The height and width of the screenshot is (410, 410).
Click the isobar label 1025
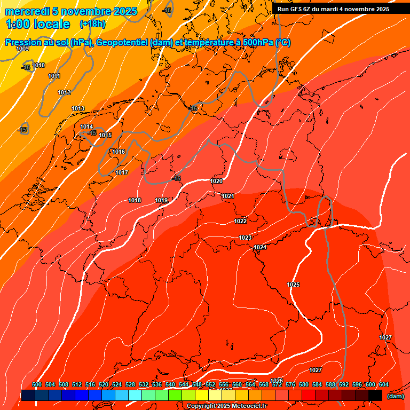pyautogui.click(x=293, y=285)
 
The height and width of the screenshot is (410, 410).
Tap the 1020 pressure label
pyautogui.click(x=216, y=181)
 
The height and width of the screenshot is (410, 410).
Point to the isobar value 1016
pyautogui.click(x=119, y=152)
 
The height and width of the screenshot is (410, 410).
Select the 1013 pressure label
pyautogui.click(x=78, y=109)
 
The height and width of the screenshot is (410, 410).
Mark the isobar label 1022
pyautogui.click(x=240, y=221)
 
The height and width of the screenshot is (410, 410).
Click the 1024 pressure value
pyautogui.click(x=260, y=247)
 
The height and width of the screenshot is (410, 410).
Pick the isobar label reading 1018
pyautogui.click(x=135, y=200)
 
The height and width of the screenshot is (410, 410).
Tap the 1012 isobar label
pyautogui.click(x=64, y=93)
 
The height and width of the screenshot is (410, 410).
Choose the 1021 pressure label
pyautogui.click(x=228, y=196)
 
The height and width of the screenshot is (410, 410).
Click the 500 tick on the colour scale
pyautogui.click(x=37, y=384)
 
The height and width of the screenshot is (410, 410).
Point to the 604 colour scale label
pyautogui.click(x=383, y=384)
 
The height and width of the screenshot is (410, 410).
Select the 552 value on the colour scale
pyautogui.click(x=210, y=384)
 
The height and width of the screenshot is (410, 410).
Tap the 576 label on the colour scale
pyautogui.click(x=290, y=384)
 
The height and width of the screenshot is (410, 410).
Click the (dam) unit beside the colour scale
pyautogui.click(x=395, y=396)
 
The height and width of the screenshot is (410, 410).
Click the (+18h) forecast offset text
pyautogui.click(x=92, y=24)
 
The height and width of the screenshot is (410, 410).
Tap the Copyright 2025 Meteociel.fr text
pyautogui.click(x=226, y=406)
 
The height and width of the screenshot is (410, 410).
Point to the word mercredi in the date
pyautogui.click(x=28, y=11)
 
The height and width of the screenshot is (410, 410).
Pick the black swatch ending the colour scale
pyautogui.click(x=375, y=395)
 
